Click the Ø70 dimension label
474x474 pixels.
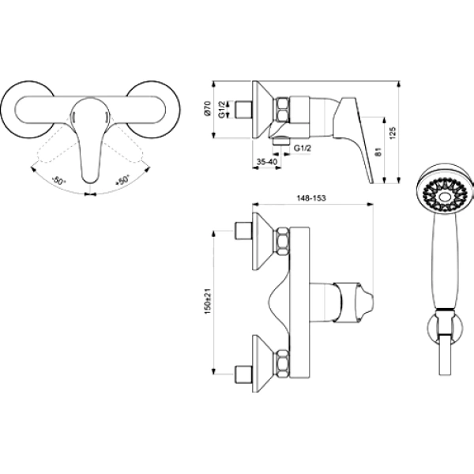[x=207, y=108]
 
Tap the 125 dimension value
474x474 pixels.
[x=392, y=133]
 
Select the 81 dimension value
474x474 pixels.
[x=378, y=152]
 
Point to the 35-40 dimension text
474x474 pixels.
[x=267, y=162]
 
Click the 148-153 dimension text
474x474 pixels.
[x=311, y=198]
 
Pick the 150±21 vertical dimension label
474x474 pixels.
[x=208, y=301]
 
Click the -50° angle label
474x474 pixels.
[x=58, y=181]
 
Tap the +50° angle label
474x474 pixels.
[x=122, y=180]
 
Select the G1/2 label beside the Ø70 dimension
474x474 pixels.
[x=222, y=110]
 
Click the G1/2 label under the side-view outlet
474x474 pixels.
[x=303, y=149]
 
